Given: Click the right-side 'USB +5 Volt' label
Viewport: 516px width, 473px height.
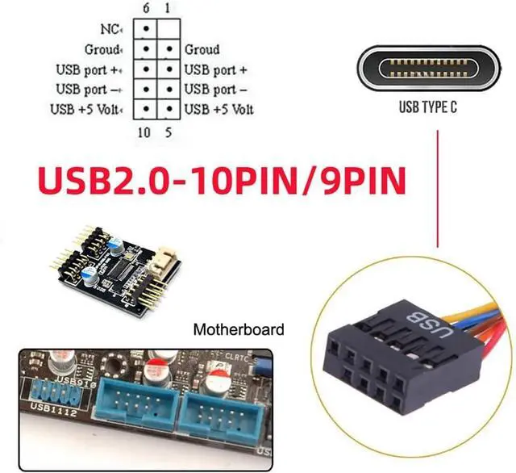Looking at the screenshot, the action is (x=218, y=109).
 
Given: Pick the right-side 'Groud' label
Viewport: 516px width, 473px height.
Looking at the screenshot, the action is (x=202, y=50).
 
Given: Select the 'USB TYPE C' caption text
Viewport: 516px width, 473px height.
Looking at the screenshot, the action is (x=428, y=107).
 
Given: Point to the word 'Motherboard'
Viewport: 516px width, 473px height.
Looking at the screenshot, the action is (x=239, y=329).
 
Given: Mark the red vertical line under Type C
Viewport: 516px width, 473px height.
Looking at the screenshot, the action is (x=437, y=186).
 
